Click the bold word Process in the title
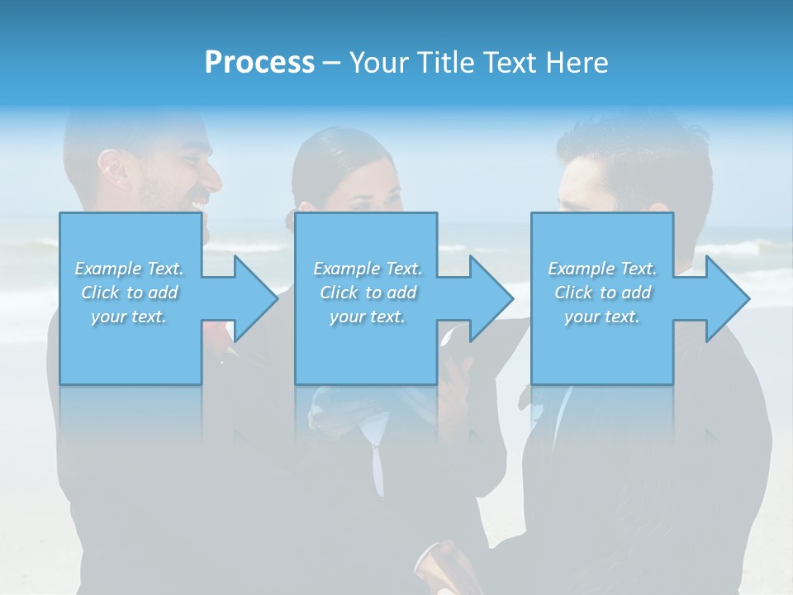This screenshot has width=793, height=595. point(259,63)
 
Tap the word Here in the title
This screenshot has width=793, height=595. point(576,63)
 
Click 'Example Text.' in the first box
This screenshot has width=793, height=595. point(130,269)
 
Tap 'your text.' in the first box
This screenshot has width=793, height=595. point(130,317)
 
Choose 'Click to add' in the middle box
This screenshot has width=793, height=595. point(368,293)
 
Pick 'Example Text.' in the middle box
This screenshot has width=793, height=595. point(368,269)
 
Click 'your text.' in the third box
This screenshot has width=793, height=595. point(602,317)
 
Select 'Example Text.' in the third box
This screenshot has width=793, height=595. point(602,269)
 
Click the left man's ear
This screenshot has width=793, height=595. point(113,168)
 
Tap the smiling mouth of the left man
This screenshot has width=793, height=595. point(198,203)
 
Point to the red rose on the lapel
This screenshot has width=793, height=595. point(217,337)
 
